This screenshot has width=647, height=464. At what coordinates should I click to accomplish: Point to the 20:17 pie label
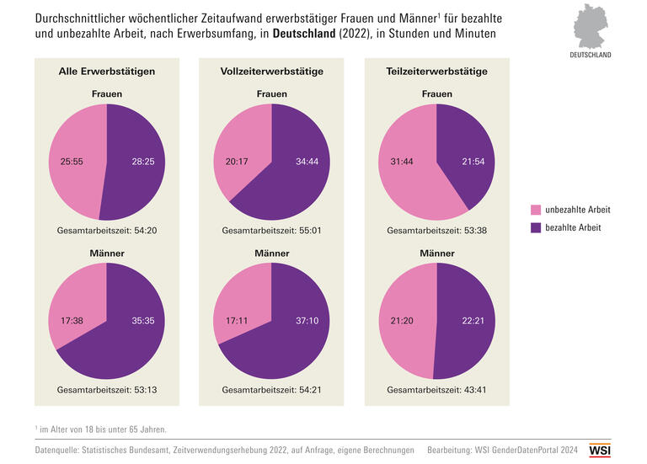(238, 161)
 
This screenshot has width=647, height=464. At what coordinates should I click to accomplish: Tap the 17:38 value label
(72, 321)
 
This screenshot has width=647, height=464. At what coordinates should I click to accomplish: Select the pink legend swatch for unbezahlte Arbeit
(536, 209)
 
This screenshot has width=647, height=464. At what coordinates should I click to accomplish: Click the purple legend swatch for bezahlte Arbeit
(536, 227)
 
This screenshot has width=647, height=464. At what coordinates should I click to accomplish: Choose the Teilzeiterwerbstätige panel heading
(436, 72)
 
